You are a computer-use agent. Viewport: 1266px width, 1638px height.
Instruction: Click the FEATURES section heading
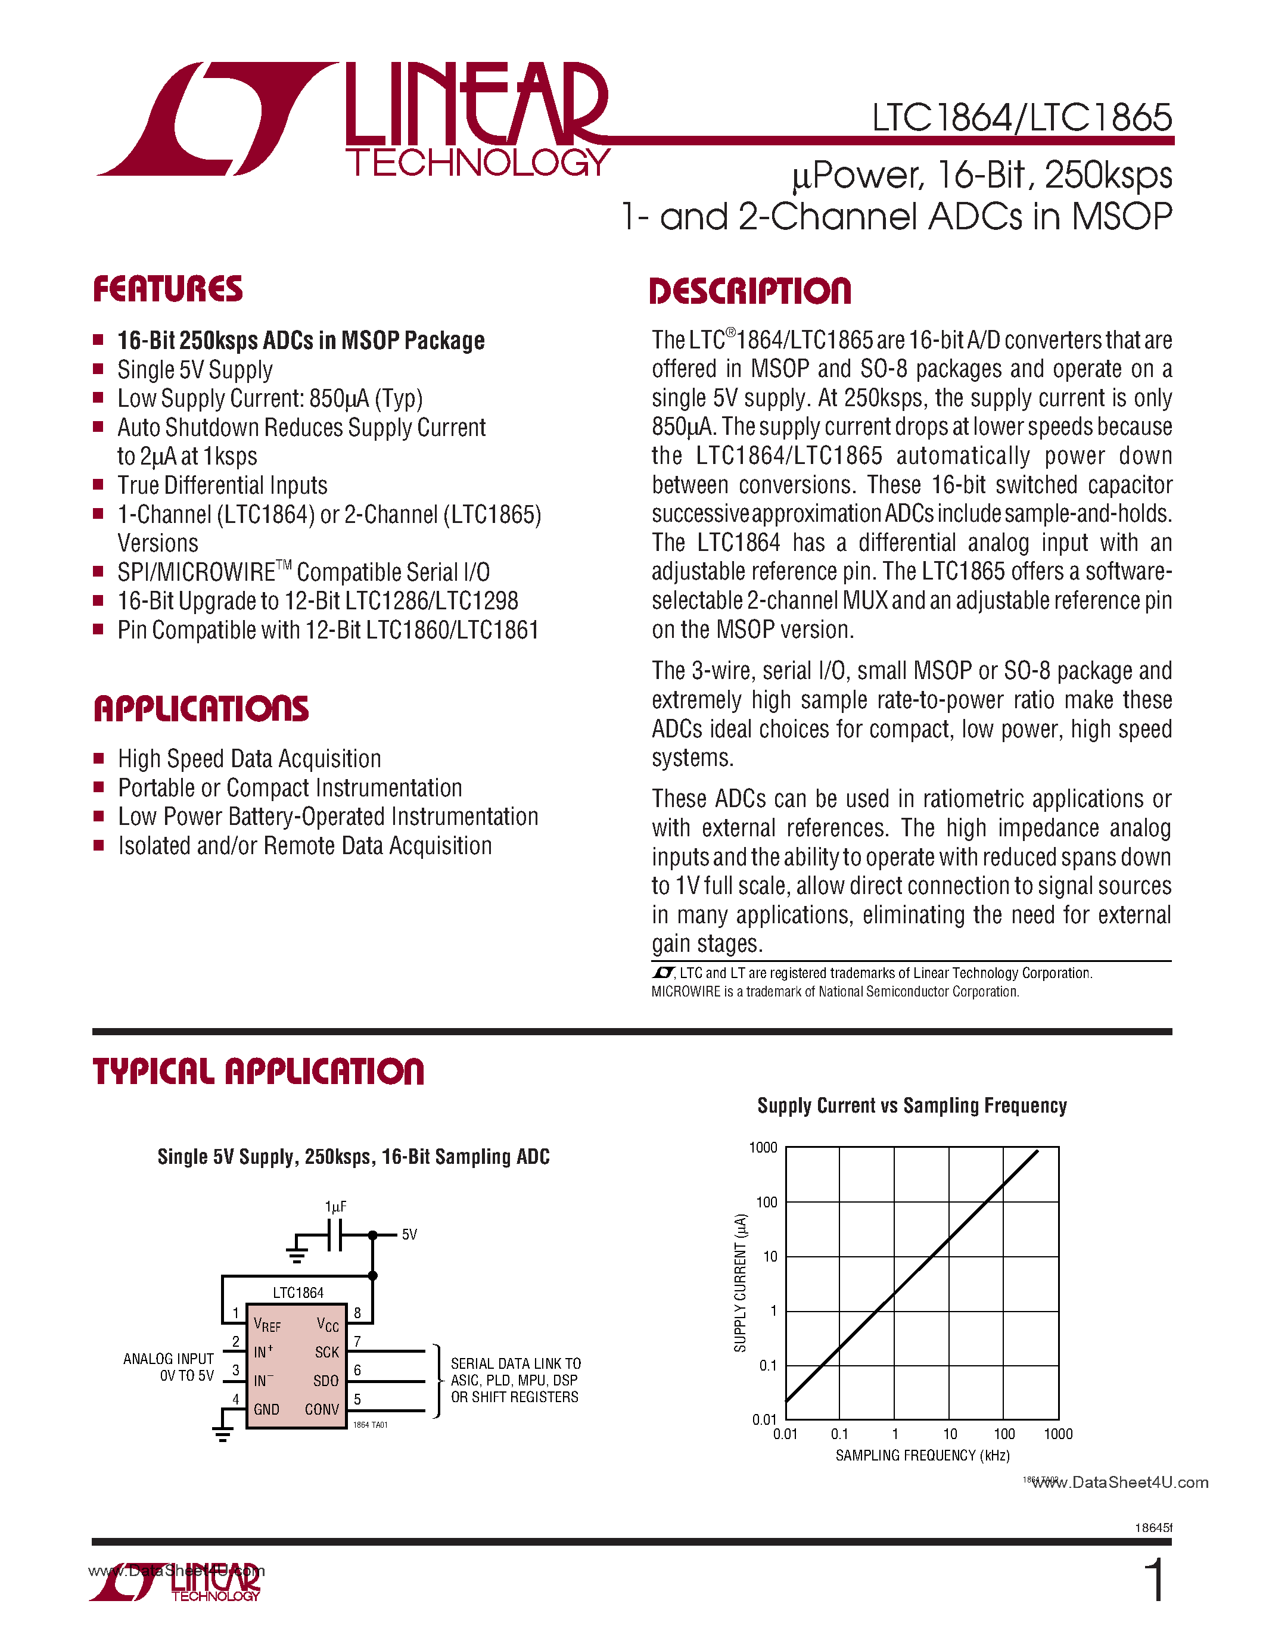[x=168, y=289]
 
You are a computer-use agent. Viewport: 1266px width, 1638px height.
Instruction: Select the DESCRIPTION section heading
[x=750, y=292]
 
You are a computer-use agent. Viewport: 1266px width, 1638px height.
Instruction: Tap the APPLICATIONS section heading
[x=201, y=709]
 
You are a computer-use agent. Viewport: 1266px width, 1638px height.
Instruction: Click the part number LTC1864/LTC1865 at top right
[x=1022, y=118]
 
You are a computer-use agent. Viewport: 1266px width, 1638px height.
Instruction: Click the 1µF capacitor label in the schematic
[x=335, y=1207]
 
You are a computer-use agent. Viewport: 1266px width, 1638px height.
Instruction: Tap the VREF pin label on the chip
[x=267, y=1325]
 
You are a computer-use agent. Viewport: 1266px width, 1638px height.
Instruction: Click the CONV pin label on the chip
[x=322, y=1410]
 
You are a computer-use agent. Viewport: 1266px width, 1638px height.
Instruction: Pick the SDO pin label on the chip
[x=325, y=1381]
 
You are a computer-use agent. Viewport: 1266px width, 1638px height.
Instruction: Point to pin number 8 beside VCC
[x=357, y=1313]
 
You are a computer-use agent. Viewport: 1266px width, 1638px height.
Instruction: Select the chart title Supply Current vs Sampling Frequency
[x=912, y=1106]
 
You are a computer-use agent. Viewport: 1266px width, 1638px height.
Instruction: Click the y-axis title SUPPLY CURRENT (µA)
[x=741, y=1282]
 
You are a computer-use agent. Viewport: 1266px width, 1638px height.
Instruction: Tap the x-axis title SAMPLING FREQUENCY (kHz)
[x=922, y=1456]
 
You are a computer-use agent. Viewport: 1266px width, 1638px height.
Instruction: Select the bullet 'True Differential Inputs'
[x=222, y=485]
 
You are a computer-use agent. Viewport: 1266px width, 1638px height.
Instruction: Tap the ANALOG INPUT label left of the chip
[x=169, y=1359]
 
